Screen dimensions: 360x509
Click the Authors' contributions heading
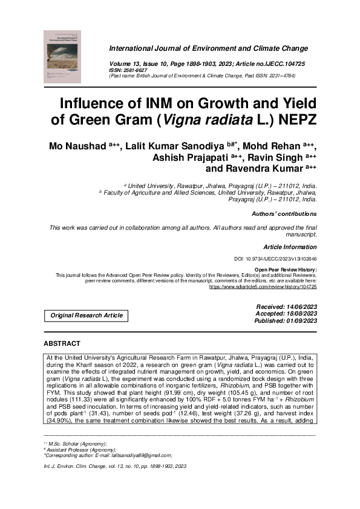[x=284, y=214]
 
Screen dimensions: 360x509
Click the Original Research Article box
[x=87, y=315]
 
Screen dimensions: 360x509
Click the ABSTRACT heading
[x=62, y=343]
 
